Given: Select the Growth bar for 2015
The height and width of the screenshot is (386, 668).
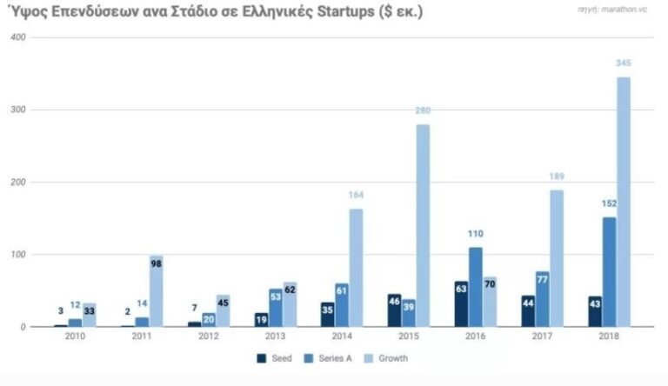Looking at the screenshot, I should pyautogui.click(x=423, y=225).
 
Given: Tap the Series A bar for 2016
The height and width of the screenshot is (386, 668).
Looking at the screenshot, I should pyautogui.click(x=475, y=287).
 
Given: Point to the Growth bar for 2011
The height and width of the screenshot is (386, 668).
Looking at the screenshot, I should pyautogui.click(x=156, y=291).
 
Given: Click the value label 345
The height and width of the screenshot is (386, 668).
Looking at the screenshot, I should pyautogui.click(x=623, y=65).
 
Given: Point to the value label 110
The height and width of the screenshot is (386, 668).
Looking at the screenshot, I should pyautogui.click(x=475, y=235).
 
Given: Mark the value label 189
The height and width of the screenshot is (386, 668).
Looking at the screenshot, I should pyautogui.click(x=556, y=177).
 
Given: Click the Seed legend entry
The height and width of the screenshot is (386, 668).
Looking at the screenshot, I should pyautogui.click(x=277, y=357).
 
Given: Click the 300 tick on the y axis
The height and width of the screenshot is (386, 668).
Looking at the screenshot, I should pyautogui.click(x=17, y=110).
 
